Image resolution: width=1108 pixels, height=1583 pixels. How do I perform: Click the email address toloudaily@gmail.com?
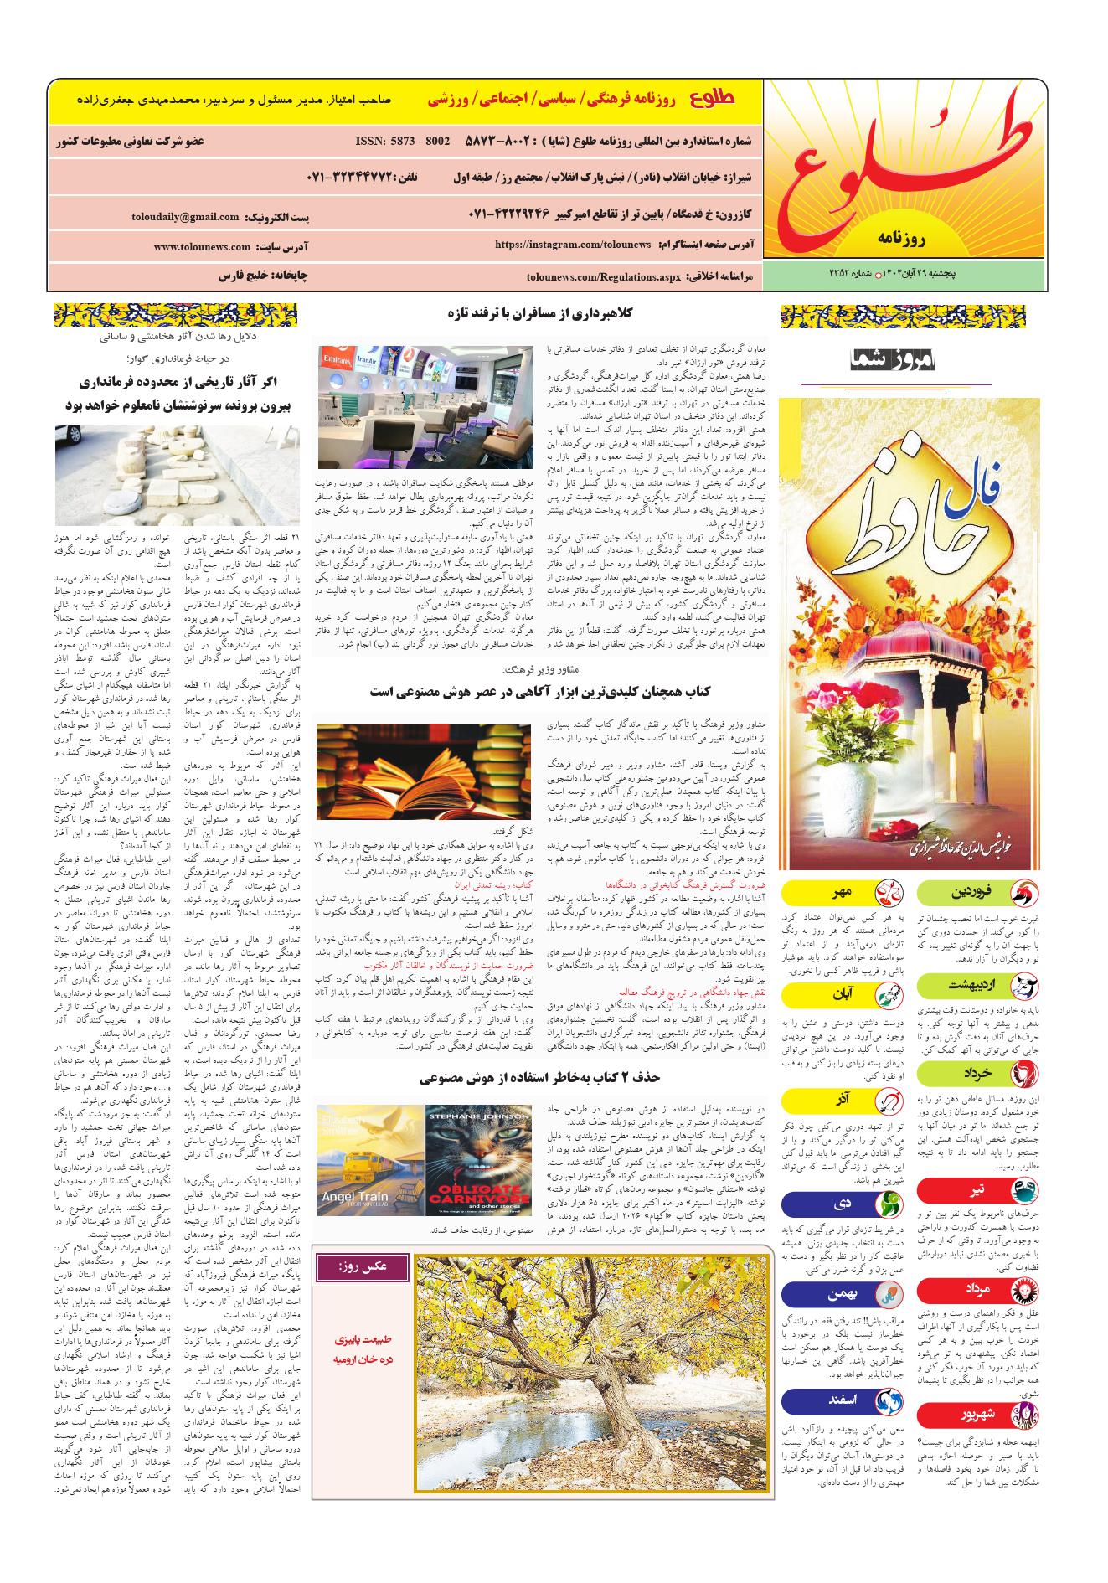[x=185, y=217]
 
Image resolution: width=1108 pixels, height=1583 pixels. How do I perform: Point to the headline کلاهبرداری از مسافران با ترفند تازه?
[x=542, y=313]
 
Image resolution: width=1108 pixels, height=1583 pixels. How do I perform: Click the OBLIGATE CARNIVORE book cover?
[x=477, y=1160]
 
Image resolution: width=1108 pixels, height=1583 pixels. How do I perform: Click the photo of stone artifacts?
[x=177, y=474]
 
